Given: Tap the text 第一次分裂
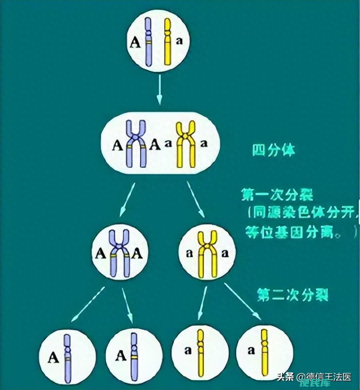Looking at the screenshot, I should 277,195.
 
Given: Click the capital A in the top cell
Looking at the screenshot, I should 135,43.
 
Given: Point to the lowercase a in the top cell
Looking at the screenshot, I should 179,41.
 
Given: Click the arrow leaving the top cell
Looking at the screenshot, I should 160,89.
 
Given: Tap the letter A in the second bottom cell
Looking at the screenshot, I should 122,356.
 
